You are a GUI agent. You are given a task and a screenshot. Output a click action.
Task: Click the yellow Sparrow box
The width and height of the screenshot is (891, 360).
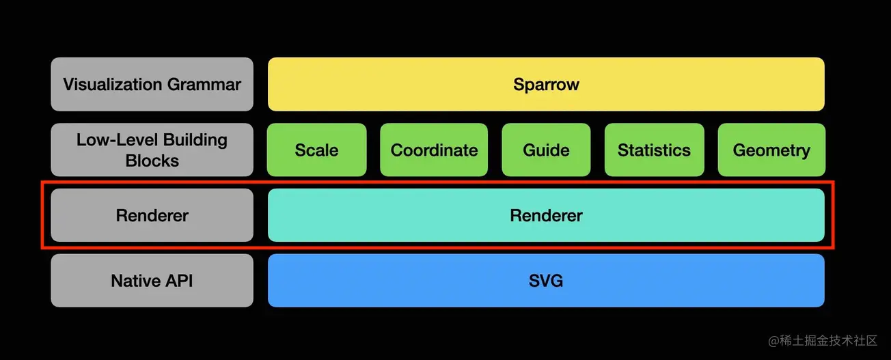(x=546, y=84)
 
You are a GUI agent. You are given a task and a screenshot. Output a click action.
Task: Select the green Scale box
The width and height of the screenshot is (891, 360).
(x=316, y=150)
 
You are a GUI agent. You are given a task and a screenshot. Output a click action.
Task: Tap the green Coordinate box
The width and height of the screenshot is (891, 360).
(x=434, y=150)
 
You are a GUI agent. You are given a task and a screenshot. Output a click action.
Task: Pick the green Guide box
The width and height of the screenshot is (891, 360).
(x=546, y=150)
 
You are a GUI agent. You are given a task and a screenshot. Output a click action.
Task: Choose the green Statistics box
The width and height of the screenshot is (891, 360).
(x=654, y=150)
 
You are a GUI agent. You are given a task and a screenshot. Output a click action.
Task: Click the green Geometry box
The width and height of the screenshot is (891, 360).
(x=771, y=150)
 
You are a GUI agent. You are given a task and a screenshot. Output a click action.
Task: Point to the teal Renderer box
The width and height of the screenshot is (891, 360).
(x=546, y=215)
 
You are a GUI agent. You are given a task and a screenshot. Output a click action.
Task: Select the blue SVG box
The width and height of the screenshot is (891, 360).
(x=546, y=280)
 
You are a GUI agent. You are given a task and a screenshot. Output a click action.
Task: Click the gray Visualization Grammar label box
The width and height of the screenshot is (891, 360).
(x=152, y=84)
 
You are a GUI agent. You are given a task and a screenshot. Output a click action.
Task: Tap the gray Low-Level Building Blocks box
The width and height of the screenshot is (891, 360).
(x=152, y=150)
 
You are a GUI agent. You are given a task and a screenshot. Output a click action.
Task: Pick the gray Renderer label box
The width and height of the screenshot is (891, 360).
(x=152, y=215)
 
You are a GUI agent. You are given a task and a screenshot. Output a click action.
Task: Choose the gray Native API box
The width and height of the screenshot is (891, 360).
(x=152, y=280)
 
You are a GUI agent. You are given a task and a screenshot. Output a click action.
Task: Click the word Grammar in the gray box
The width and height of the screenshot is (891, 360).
(x=208, y=85)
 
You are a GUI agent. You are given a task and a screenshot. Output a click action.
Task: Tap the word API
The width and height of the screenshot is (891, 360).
(x=178, y=281)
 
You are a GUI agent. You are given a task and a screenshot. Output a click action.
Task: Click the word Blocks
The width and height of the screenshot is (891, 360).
(x=152, y=161)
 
